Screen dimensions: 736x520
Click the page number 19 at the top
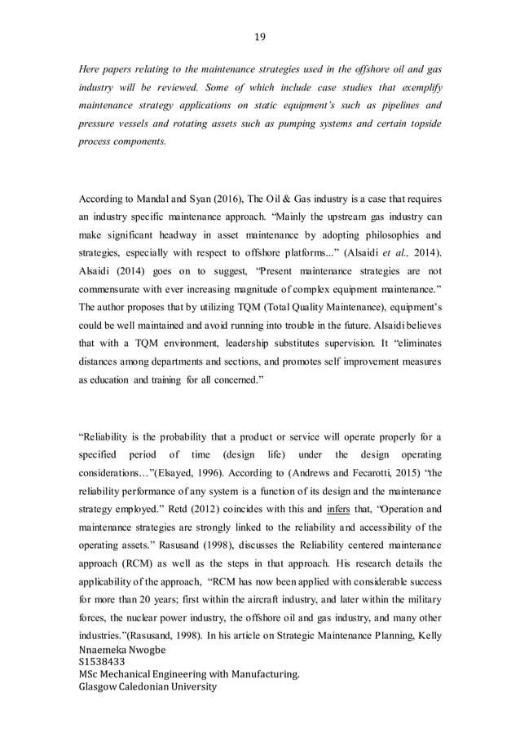[260, 35]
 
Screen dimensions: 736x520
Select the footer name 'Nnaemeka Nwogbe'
[127, 649]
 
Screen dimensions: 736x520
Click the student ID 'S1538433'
[102, 662]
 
